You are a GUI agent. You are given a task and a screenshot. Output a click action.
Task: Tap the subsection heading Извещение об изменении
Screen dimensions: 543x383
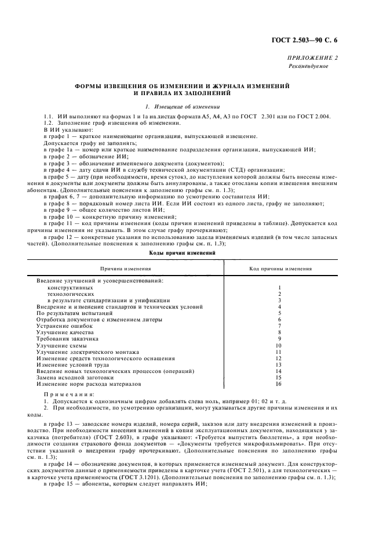182,106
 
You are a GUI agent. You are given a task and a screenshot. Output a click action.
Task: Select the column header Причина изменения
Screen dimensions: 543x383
126,269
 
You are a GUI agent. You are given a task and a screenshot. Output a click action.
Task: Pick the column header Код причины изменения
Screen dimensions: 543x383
280,269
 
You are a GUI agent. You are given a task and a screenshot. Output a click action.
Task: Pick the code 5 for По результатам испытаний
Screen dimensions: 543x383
279,313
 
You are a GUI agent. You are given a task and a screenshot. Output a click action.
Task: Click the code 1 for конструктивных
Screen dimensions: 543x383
279,287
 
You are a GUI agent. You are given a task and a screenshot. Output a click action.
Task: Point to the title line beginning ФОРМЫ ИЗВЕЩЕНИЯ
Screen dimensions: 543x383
182,85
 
